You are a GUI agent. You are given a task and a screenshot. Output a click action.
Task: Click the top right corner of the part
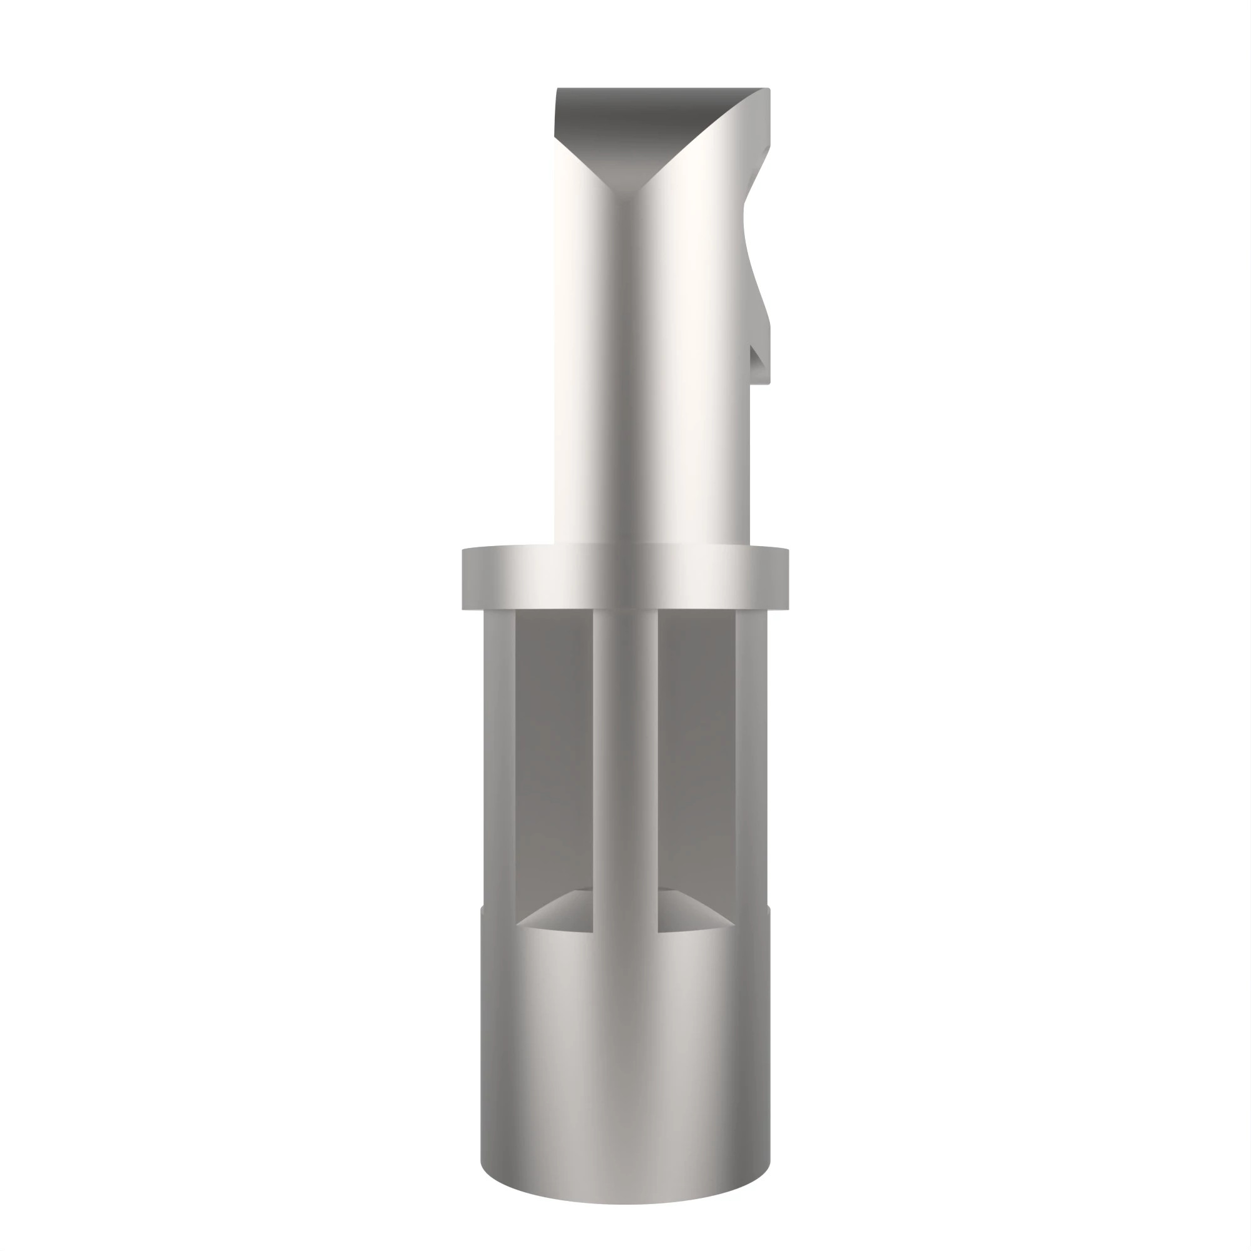(768, 90)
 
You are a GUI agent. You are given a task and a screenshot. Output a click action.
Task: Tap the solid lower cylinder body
(625, 1049)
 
